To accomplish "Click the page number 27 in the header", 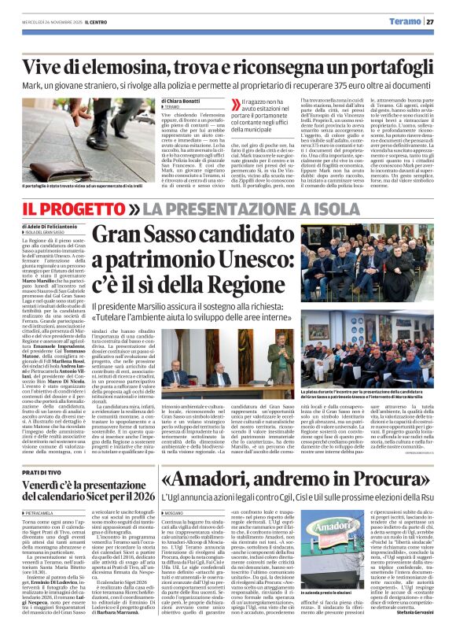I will point(441,21).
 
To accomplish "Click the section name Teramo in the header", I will point(410,21).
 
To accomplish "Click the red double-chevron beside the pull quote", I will point(234,104).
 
